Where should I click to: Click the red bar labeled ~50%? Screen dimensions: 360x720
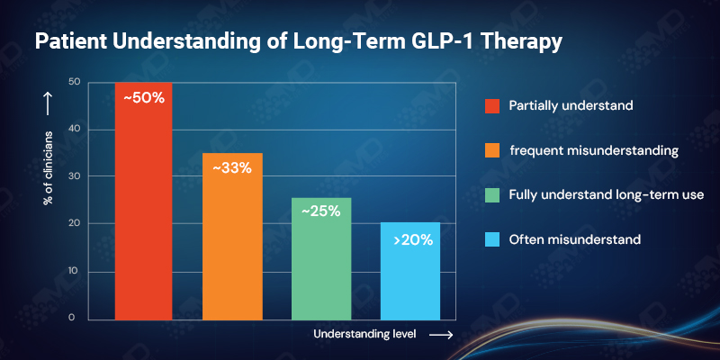coord(143,216)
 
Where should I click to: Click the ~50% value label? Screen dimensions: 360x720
coord(144,97)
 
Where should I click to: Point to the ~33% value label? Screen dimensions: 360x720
coord(232,167)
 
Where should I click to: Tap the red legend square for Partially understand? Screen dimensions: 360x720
coord(492,105)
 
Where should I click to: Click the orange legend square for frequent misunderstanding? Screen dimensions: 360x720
coord(492,150)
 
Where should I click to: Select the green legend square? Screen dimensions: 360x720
coord(492,194)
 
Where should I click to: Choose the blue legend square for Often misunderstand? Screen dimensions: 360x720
coord(492,239)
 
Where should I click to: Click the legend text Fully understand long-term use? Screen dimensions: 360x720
coord(600,194)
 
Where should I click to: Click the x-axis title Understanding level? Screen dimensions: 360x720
coord(364,334)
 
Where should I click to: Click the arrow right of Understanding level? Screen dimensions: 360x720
coord(440,334)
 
